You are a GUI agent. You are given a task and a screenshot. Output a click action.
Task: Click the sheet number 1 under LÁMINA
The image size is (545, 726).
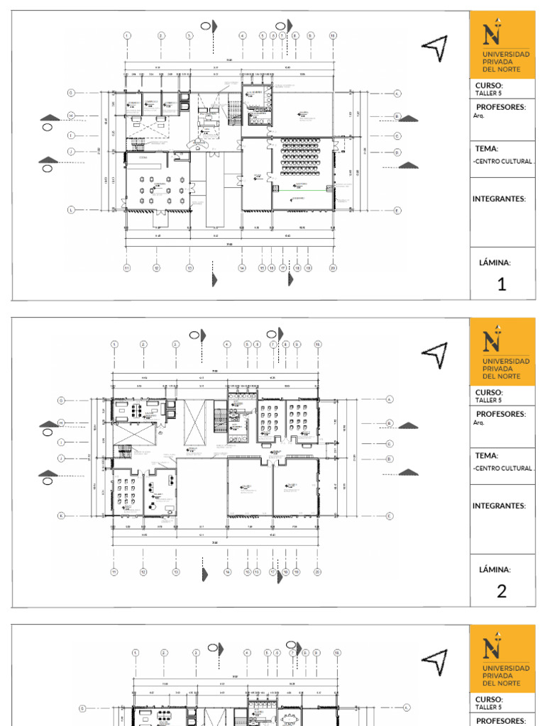point(502,284)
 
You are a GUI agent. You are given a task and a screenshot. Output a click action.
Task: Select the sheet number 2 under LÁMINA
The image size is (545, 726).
point(502,591)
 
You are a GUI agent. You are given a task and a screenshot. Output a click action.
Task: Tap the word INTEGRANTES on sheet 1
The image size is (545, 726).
point(500,199)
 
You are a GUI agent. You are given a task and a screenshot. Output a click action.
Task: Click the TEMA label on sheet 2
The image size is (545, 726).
point(487,456)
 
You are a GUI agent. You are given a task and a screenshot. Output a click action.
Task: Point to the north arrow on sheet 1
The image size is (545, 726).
point(435,48)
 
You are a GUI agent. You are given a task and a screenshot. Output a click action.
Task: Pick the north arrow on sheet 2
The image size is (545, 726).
point(435,354)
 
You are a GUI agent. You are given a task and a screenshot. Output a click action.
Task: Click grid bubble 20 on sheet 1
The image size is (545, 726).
point(333,268)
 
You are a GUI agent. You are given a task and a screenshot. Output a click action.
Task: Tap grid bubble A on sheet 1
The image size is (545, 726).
point(397,93)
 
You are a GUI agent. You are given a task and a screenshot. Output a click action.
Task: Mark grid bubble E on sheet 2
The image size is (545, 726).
point(390,515)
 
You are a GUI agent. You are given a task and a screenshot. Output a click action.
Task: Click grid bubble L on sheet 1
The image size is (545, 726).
point(71,210)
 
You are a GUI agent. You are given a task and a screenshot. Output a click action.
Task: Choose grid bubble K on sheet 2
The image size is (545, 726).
point(61,515)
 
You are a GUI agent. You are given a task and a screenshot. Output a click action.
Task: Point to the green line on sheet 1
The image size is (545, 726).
point(302,191)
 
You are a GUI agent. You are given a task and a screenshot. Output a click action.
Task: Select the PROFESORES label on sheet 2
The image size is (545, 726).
point(501,414)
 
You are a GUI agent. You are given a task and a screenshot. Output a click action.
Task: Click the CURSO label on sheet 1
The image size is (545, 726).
point(489,86)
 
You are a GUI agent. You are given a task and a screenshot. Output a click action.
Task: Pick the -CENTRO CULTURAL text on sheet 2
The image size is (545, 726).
point(503,469)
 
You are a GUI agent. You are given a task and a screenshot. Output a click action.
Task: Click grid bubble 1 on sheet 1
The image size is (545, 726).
point(127,35)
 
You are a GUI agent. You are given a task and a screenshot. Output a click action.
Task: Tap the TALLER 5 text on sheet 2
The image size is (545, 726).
point(488,400)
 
